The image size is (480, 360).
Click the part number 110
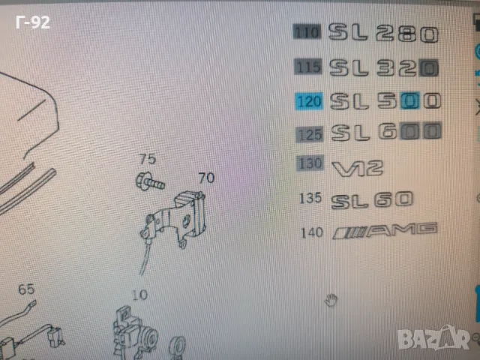(307, 32)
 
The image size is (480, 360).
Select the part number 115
(308, 67)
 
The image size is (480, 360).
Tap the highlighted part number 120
(310, 100)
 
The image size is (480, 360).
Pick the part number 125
(310, 135)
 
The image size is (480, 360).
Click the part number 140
(312, 232)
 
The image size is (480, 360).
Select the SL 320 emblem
(383, 67)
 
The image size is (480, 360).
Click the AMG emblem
(385, 232)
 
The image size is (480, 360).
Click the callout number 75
(147, 159)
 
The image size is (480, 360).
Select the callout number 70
(205, 178)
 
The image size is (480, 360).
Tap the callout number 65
(26, 289)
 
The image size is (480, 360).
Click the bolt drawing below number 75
(148, 180)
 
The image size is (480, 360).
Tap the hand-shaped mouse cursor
(331, 301)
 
